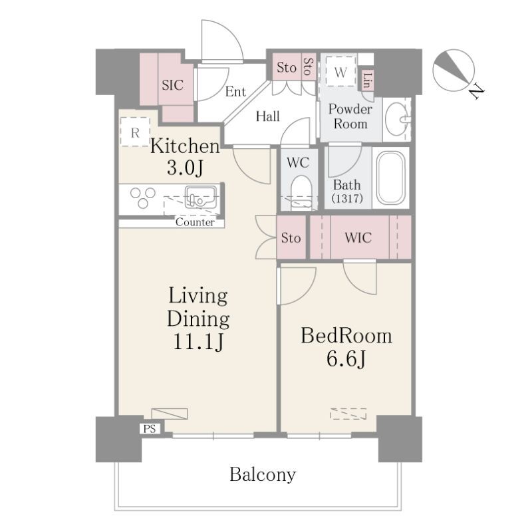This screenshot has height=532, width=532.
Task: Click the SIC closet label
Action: pos(173,85)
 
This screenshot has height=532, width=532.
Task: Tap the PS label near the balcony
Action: pos(150,429)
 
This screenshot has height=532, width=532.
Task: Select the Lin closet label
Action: pos(367,80)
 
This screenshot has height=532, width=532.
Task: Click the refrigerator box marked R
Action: pos(135,132)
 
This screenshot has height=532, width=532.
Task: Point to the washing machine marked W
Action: pos(340,72)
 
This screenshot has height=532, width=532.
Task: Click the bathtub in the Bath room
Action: pos(391,178)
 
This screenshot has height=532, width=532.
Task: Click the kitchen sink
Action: pos(201,197)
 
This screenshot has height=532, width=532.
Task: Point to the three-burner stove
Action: pos(143,198)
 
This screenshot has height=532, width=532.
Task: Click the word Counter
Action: pos(195,222)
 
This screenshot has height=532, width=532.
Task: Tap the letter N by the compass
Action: pos(477,91)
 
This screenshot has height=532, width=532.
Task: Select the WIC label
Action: pos(358,237)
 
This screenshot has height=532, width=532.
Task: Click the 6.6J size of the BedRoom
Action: pos(346,358)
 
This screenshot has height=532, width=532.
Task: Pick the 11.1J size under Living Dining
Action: pos(198,341)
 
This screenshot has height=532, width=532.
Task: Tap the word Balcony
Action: pos(263,475)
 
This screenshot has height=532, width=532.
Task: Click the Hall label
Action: pos(268,116)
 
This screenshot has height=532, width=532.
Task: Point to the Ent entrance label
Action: pos(235,92)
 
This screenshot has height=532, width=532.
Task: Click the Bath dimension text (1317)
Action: pos(347,198)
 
